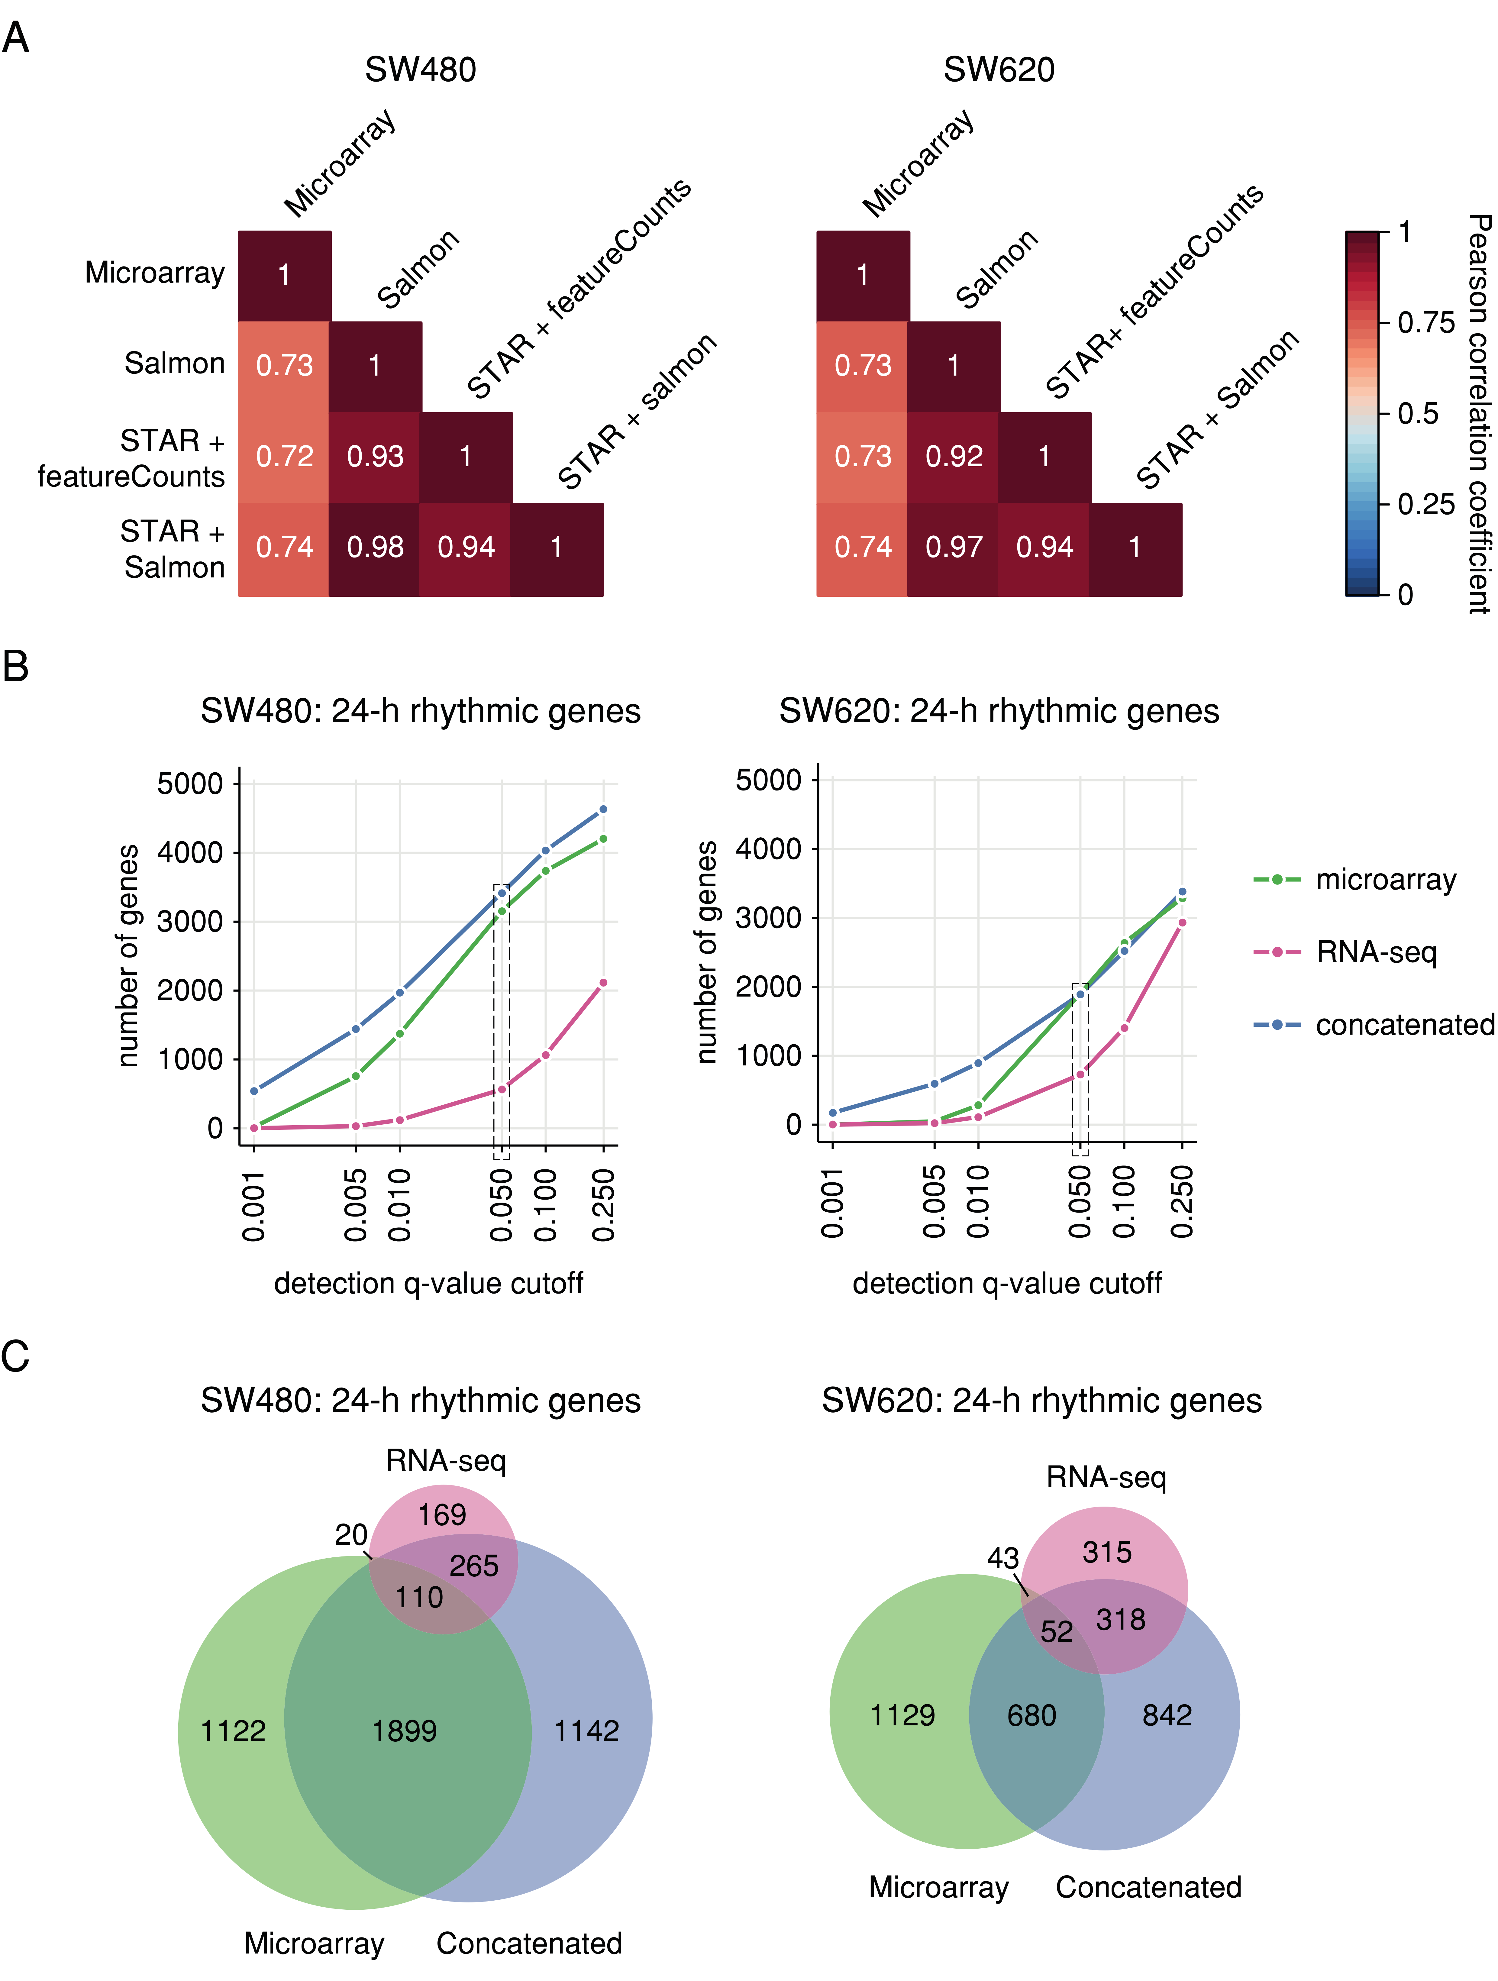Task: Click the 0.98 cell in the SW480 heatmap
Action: click(375, 547)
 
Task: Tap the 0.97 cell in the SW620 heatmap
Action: click(954, 547)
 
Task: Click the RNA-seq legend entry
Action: click(1375, 952)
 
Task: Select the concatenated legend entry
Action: click(1404, 1025)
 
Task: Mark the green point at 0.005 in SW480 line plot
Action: click(356, 1076)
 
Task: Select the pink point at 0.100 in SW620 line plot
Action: click(1125, 1028)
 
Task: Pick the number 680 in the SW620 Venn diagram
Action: click(1031, 1716)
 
